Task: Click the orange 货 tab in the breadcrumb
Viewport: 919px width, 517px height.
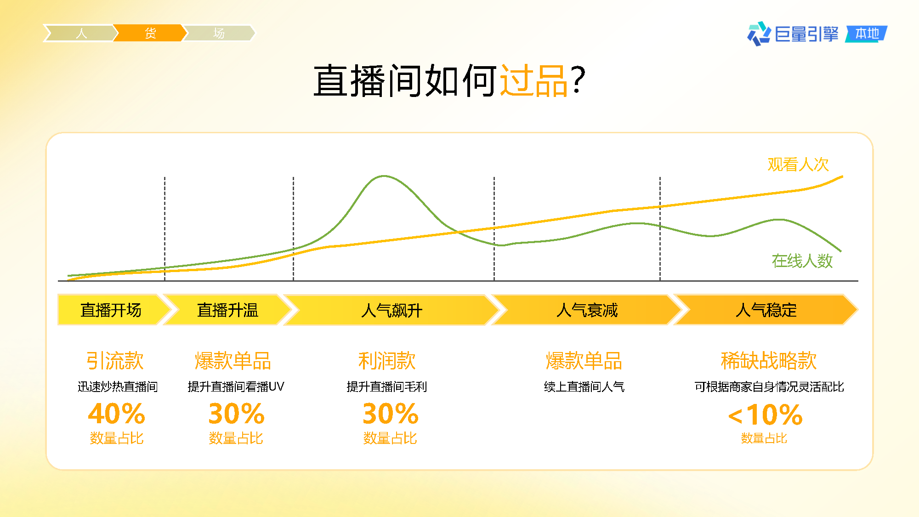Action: click(150, 33)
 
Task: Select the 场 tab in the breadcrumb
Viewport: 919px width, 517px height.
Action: click(219, 33)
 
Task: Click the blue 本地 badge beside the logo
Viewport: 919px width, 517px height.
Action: click(867, 34)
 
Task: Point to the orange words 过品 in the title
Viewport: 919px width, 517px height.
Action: click(534, 81)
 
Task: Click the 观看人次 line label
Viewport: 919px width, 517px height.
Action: click(798, 165)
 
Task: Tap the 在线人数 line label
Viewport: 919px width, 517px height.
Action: click(802, 261)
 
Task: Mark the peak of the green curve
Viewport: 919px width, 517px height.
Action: click(384, 176)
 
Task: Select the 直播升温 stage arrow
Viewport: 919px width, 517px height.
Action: click(227, 310)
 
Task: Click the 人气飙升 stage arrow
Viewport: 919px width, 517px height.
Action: click(391, 310)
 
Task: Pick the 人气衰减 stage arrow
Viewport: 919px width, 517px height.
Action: click(587, 310)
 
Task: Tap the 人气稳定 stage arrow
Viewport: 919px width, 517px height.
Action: click(766, 310)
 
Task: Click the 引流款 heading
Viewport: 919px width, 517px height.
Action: click(115, 361)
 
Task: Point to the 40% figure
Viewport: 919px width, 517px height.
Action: click(117, 414)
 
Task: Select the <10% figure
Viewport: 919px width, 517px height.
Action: click(766, 415)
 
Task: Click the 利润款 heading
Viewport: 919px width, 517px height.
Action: click(387, 361)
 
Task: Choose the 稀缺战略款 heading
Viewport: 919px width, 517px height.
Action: click(769, 361)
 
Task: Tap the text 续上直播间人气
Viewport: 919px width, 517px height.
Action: click(584, 387)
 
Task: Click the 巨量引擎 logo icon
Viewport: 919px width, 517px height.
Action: click(759, 34)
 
